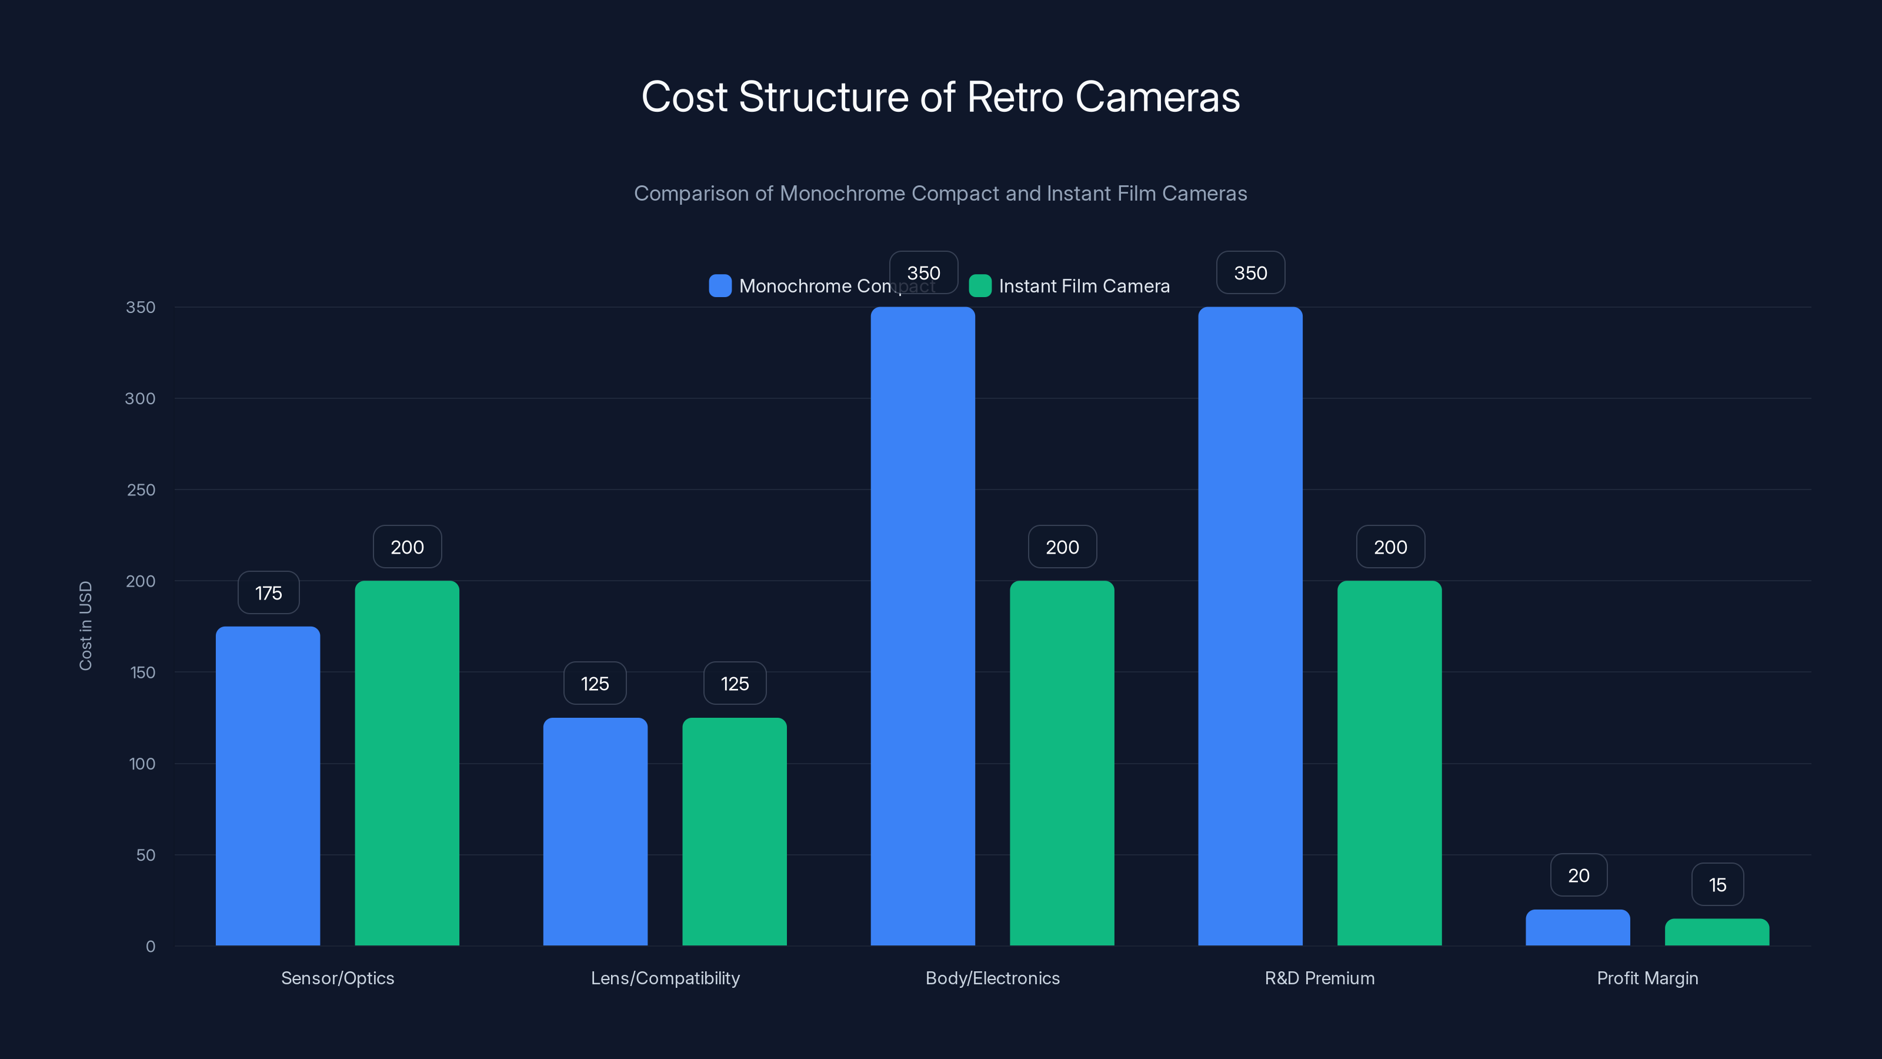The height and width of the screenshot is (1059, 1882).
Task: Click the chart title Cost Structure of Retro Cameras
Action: (940, 96)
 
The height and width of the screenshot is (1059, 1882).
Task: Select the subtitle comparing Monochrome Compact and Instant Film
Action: (940, 193)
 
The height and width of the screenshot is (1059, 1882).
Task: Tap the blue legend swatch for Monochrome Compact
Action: (720, 286)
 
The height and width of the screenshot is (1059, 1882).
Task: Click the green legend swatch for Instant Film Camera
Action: (980, 286)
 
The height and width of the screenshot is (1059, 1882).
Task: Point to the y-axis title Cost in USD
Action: (85, 625)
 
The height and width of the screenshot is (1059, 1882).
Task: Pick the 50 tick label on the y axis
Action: (145, 855)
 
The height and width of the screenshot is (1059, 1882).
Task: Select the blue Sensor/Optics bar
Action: (268, 785)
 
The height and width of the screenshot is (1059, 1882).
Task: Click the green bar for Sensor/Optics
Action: (407, 763)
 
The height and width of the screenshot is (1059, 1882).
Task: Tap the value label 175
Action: (268, 592)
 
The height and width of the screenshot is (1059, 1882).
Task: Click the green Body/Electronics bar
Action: (1062, 763)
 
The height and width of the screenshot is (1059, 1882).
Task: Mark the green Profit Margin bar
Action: (1717, 932)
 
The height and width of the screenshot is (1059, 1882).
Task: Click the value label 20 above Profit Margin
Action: (1578, 875)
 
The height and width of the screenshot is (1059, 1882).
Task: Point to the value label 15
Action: (1717, 885)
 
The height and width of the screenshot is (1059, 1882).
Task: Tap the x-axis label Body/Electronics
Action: (992, 978)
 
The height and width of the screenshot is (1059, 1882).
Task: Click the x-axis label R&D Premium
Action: (1319, 978)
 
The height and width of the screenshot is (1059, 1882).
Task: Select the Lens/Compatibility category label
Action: (665, 978)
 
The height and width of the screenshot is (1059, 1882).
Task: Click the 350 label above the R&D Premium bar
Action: (1250, 272)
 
